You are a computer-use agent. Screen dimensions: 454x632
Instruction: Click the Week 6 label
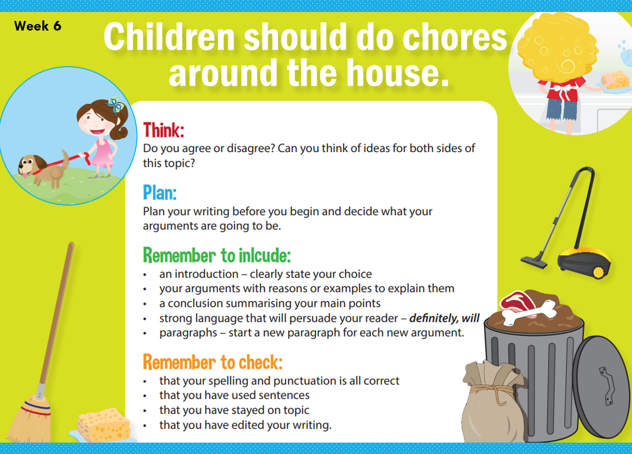point(38,26)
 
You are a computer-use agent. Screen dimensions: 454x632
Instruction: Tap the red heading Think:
point(163,130)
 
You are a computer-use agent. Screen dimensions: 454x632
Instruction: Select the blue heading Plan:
point(159,192)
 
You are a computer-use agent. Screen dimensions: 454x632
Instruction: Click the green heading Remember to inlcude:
point(217,255)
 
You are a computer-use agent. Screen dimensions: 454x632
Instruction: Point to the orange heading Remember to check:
point(212,362)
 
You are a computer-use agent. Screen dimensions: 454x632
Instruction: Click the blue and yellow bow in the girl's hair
point(114,106)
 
